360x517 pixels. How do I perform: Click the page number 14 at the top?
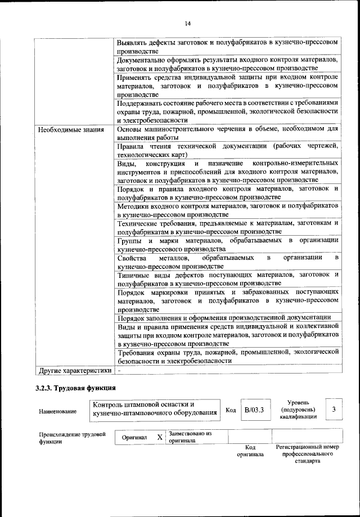pyautogui.click(x=187, y=23)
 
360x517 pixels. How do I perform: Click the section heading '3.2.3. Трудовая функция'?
pyautogui.click(x=75, y=388)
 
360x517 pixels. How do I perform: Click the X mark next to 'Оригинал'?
pyautogui.click(x=160, y=437)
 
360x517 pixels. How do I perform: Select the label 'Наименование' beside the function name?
pyautogui.click(x=58, y=412)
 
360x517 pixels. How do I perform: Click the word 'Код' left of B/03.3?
pyautogui.click(x=230, y=410)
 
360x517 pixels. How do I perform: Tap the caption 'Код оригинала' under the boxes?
pyautogui.click(x=251, y=450)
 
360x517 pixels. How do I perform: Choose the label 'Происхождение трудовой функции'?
pyautogui.click(x=73, y=438)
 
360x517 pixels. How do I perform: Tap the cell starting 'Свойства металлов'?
pyautogui.click(x=227, y=262)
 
